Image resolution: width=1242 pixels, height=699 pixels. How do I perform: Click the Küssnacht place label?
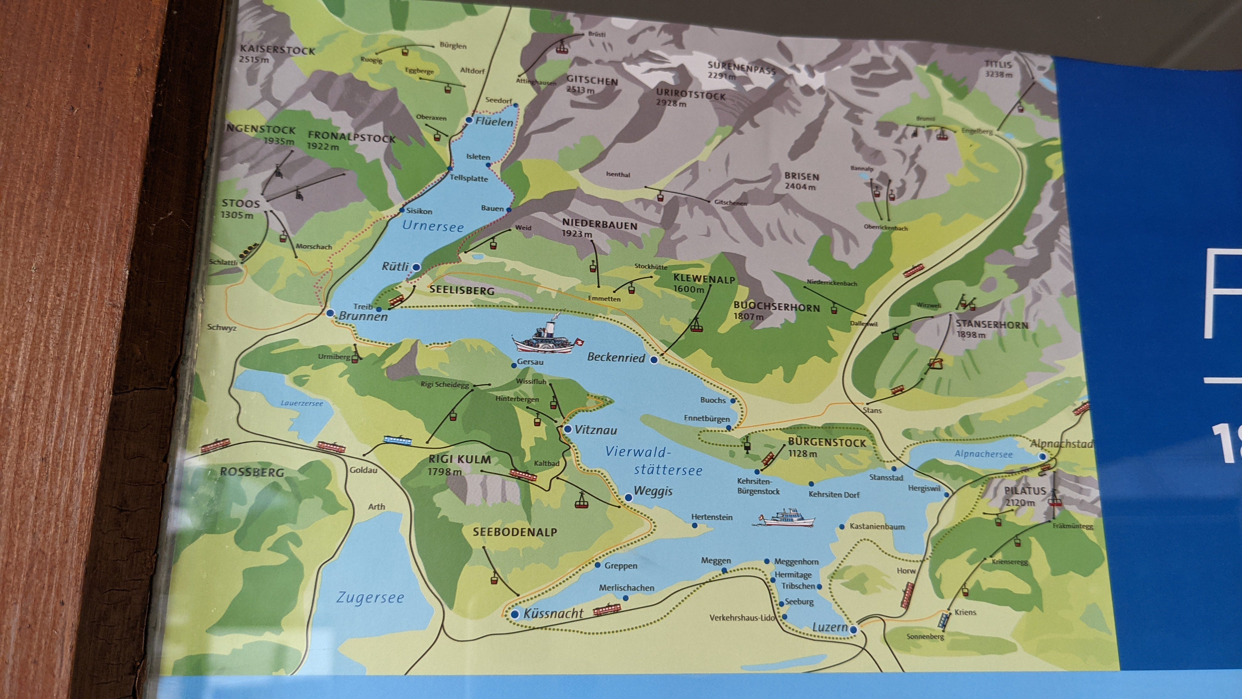[553, 614]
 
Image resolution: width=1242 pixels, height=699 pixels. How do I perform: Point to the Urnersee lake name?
[432, 226]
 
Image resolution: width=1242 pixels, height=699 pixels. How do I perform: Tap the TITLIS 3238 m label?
[999, 69]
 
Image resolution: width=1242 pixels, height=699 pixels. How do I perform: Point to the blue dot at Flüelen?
[469, 120]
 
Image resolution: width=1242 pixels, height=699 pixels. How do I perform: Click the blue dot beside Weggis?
[628, 497]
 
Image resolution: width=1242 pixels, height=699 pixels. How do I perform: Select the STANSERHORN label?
[992, 325]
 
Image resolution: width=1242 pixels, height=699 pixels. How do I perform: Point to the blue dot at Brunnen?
[330, 313]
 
